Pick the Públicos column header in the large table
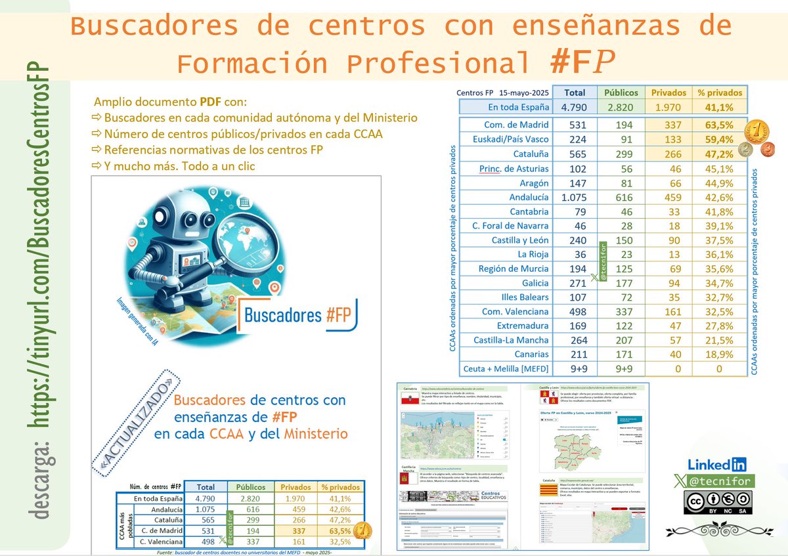(621, 93)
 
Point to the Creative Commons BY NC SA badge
(718, 503)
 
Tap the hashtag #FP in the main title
(582, 63)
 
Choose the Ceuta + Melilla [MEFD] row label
(506, 368)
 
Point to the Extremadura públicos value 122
(621, 326)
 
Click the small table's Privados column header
(296, 487)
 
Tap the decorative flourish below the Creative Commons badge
(709, 529)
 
